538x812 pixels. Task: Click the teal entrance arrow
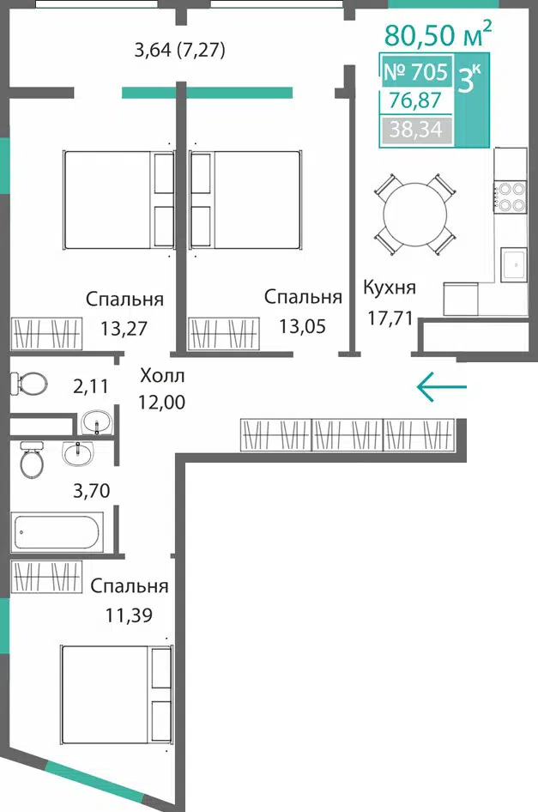pos(442,386)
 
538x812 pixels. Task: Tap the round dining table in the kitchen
pos(414,215)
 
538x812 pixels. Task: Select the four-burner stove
pos(511,197)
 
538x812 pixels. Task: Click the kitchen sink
pos(513,264)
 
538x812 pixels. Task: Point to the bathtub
pos(57,531)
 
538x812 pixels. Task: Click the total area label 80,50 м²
pos(438,33)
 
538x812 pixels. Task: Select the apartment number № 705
pos(415,71)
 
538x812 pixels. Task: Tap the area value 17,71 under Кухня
pos(390,318)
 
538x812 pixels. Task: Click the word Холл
pos(162,375)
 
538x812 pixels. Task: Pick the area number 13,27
pos(124,328)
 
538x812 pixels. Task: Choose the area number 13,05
pos(302,326)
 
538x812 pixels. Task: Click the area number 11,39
pos(129,615)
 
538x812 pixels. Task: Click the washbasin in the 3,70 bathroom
pos(78,452)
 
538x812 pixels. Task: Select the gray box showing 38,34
pos(416,130)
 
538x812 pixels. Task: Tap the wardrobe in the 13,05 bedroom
pos(224,333)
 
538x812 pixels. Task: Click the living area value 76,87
pos(415,100)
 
